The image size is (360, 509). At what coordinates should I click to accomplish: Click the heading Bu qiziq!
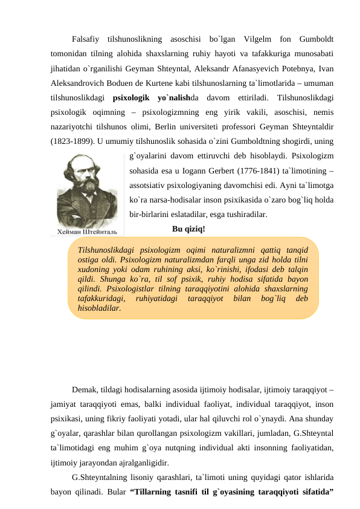[188, 229]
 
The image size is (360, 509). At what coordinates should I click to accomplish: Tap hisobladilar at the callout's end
[95, 308]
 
